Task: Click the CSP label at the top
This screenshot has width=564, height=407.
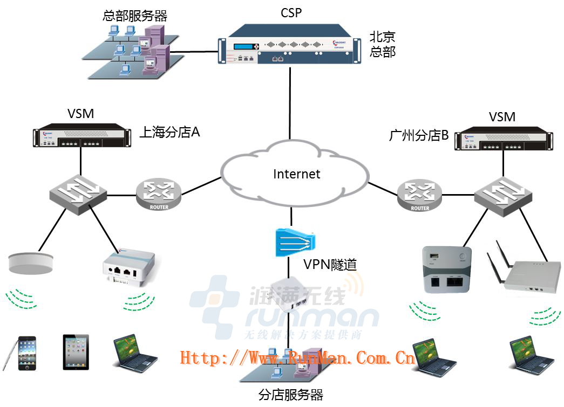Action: coord(291,13)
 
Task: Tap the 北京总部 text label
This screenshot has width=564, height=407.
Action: coord(382,44)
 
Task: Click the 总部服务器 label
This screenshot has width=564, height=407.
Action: coord(134,15)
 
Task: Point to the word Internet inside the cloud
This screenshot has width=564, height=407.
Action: coord(296,174)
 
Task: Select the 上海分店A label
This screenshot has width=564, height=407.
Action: coord(169,132)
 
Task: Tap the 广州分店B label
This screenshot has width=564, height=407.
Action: coord(419,135)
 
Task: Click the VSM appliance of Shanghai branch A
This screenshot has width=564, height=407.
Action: coord(81,137)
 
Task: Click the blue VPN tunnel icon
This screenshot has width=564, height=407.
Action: coord(294,240)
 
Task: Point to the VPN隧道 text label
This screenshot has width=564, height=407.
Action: coord(330,264)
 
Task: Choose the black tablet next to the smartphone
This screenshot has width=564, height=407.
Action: coord(75,352)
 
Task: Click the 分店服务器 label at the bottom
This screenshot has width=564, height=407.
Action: coord(291,395)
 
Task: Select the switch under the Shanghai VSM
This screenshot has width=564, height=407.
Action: coord(78,192)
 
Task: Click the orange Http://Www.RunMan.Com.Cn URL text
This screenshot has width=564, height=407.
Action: coord(297,357)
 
